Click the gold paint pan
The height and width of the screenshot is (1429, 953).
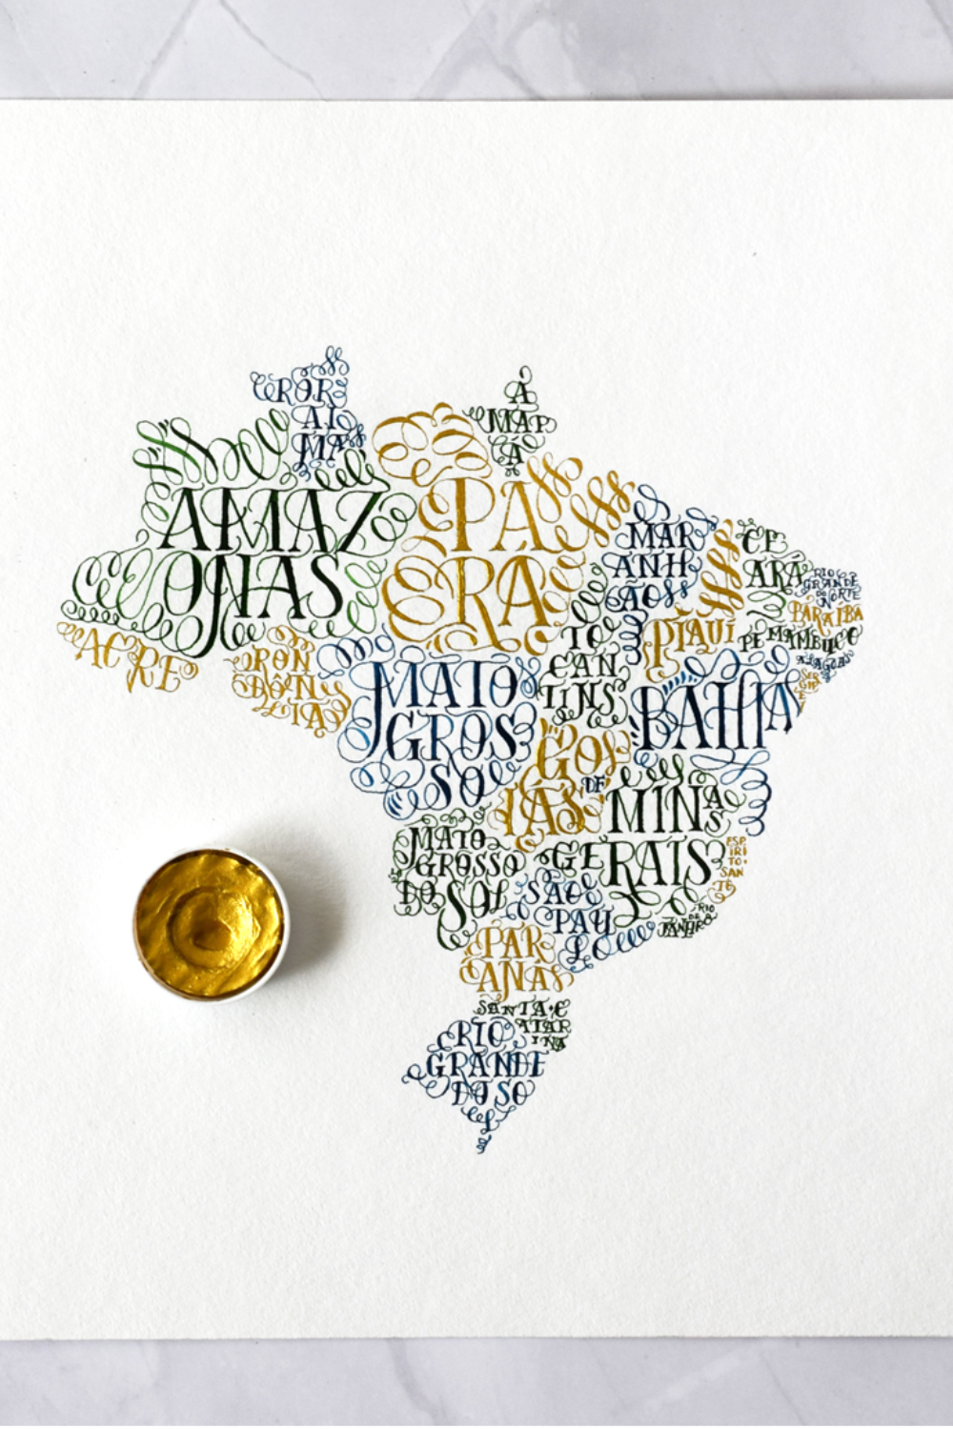pos(209,922)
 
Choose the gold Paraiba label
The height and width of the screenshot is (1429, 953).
pos(825,611)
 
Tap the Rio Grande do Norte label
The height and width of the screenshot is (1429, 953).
pos(836,577)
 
